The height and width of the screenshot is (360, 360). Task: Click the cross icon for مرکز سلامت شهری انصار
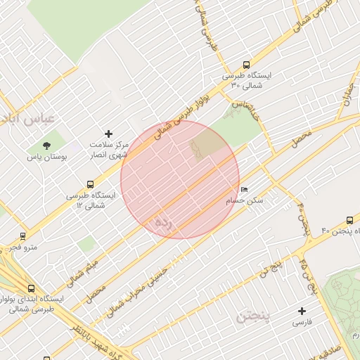coord(108,133)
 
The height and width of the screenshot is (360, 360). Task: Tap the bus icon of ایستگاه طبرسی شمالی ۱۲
coord(89,185)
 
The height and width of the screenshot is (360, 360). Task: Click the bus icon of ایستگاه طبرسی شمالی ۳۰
coord(245,64)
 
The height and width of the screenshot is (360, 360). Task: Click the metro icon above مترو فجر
coord(22,236)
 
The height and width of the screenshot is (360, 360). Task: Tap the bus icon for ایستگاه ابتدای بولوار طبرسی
coord(31,288)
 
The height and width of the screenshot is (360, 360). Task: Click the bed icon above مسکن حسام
coord(244,190)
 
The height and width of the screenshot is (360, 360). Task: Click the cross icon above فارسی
coord(303,311)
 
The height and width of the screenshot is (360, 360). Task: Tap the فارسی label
coord(303,323)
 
